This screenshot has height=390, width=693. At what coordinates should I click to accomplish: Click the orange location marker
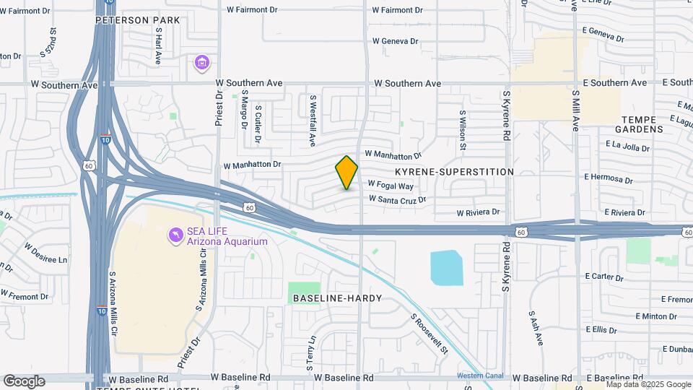pyautogui.click(x=346, y=173)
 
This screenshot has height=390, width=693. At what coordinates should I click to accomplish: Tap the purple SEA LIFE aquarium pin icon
pyautogui.click(x=175, y=235)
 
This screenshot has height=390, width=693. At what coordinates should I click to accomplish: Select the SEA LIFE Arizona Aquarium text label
pyautogui.click(x=227, y=236)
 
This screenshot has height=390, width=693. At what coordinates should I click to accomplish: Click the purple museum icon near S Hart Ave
pyautogui.click(x=202, y=64)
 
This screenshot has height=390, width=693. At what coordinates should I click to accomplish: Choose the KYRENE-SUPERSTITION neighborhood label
pyautogui.click(x=455, y=172)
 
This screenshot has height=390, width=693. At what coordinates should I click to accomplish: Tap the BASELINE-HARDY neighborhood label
pyautogui.click(x=337, y=298)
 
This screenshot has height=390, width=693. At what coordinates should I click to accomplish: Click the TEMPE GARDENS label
pyautogui.click(x=639, y=123)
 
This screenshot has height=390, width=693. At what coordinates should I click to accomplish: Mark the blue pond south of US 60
pyautogui.click(x=448, y=268)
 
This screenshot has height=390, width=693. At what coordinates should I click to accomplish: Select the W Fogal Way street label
pyautogui.click(x=391, y=185)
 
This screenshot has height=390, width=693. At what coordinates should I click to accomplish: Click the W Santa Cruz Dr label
pyautogui.click(x=398, y=199)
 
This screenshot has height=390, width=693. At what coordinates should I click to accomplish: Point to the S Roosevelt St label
pyautogui.click(x=430, y=333)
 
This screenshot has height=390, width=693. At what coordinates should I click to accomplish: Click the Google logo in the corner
pyautogui.click(x=24, y=381)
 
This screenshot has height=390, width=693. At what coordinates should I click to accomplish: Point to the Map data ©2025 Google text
pyautogui.click(x=648, y=384)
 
